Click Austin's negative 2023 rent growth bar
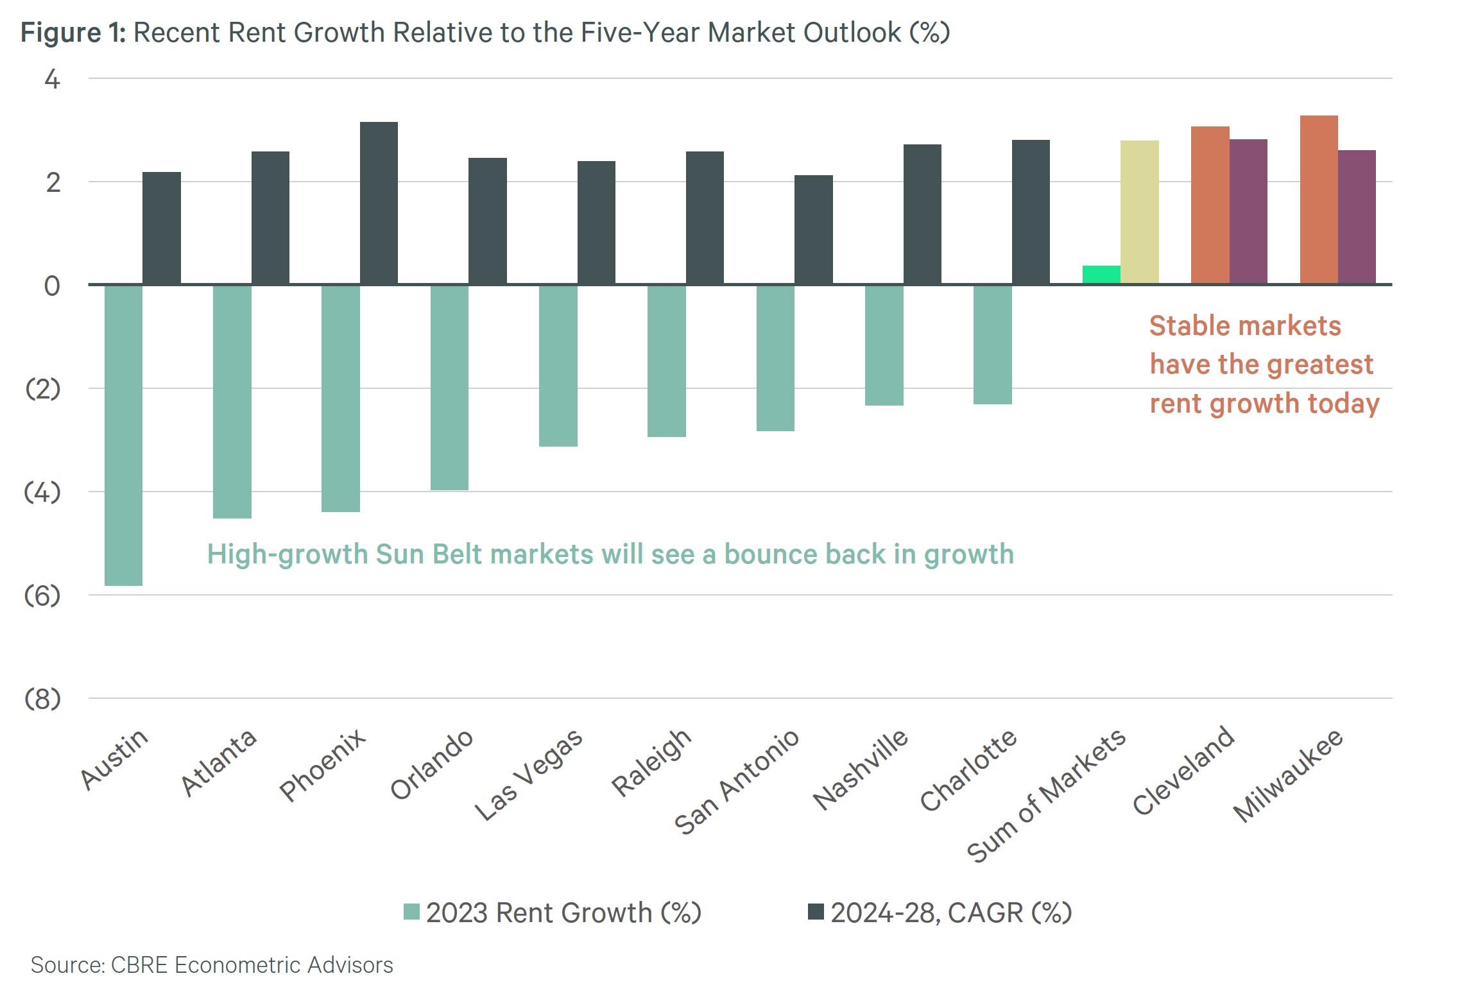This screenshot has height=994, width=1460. tap(123, 435)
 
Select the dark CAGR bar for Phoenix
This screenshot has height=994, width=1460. tap(379, 203)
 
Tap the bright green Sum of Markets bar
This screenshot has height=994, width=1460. tap(1101, 275)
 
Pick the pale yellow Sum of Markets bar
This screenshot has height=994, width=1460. tap(1139, 212)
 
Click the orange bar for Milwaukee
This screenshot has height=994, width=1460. tap(1319, 200)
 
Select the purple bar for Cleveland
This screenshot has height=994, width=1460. tap(1248, 211)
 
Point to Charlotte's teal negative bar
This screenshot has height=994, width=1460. tap(992, 345)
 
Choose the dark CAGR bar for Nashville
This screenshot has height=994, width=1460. tap(922, 214)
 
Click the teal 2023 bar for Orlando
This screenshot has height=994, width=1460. tap(449, 388)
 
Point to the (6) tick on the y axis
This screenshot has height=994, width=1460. tap(42, 596)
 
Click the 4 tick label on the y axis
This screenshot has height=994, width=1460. tap(52, 80)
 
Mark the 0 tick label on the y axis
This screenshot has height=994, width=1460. tap(52, 286)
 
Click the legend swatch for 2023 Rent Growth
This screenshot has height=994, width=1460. tap(411, 912)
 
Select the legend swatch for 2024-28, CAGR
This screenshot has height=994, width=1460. tap(816, 912)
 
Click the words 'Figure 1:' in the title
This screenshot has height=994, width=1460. tap(73, 32)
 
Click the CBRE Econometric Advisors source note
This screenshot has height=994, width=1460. tap(212, 965)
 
